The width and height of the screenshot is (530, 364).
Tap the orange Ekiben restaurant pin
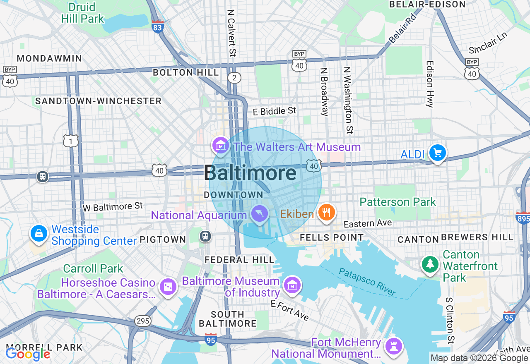[x=327, y=213]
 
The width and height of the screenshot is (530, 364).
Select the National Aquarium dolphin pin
[x=260, y=214]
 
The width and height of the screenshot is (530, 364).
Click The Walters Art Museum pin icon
[x=221, y=145]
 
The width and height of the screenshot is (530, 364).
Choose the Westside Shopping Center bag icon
[x=39, y=233]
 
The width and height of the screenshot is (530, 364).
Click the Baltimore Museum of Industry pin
[x=292, y=285]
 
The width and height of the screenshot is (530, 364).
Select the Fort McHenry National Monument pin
[x=393, y=347]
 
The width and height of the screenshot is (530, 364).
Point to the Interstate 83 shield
[x=157, y=26]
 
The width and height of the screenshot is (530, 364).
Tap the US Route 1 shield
[x=71, y=141]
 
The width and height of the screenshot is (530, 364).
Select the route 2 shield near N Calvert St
[x=234, y=78]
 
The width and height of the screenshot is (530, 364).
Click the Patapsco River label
[x=367, y=282]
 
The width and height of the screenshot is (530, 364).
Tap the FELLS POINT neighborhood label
[x=332, y=237]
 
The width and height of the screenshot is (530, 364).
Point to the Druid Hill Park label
[x=82, y=13]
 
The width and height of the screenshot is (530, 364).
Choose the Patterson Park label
[x=397, y=202]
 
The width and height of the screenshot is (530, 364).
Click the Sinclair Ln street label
[x=488, y=43]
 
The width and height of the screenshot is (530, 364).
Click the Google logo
[x=28, y=354]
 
